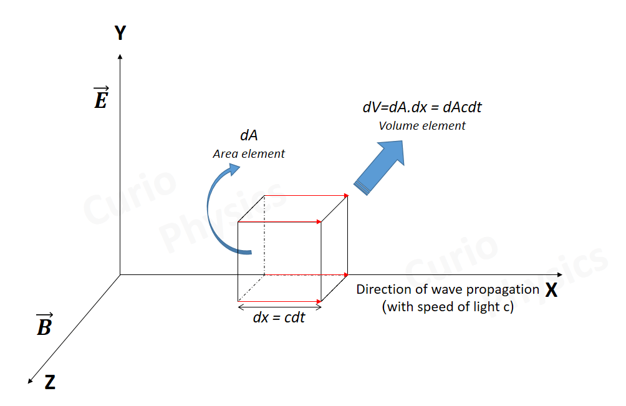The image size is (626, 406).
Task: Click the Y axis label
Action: click(120, 34)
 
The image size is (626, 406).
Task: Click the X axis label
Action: click(551, 290)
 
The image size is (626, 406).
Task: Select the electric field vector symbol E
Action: click(101, 99)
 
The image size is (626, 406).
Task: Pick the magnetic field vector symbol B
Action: click(44, 325)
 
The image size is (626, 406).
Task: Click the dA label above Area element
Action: click(249, 135)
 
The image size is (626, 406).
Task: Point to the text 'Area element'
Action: click(249, 153)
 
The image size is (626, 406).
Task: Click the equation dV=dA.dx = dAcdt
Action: click(422, 107)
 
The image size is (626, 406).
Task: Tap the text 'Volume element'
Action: click(422, 125)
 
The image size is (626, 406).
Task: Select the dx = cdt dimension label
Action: click(279, 317)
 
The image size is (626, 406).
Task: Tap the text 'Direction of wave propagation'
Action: click(447, 289)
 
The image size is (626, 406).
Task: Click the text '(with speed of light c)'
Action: click(448, 306)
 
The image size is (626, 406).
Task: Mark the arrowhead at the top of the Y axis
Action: click(120, 57)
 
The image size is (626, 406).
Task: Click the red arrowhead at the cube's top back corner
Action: click(345, 196)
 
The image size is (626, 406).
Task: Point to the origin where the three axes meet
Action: click(120, 274)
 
